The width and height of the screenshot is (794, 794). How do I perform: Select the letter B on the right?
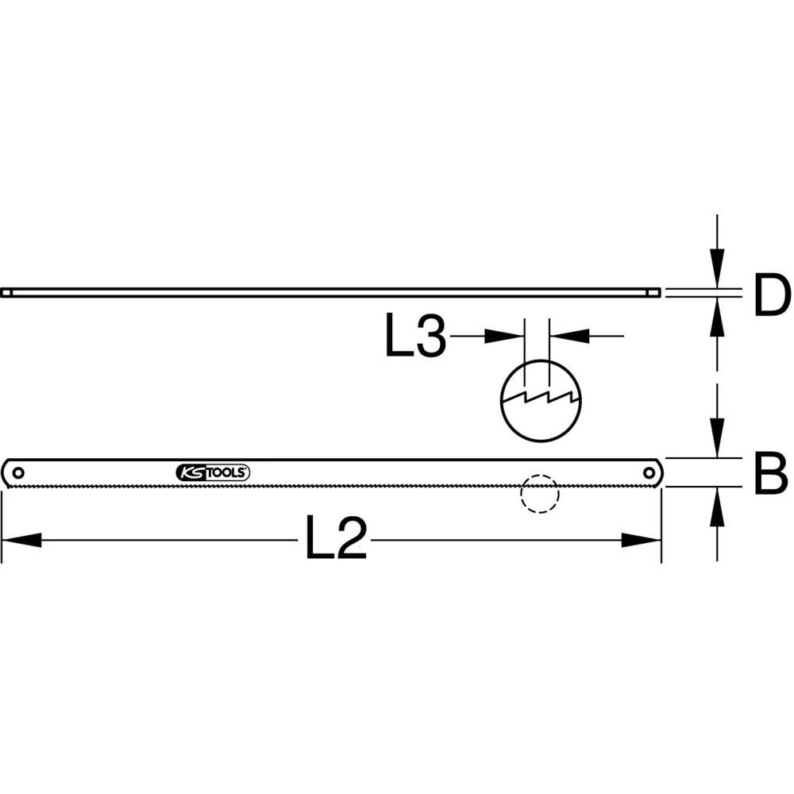(x=771, y=475)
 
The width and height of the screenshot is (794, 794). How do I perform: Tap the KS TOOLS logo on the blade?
(x=213, y=472)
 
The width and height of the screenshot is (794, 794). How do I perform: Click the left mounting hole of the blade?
(x=17, y=472)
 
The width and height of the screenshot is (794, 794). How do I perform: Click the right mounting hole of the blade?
(x=649, y=472)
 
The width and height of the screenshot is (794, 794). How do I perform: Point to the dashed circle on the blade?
(x=539, y=494)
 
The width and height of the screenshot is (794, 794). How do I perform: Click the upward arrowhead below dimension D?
(x=717, y=318)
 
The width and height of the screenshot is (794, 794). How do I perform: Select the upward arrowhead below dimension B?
(x=717, y=508)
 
